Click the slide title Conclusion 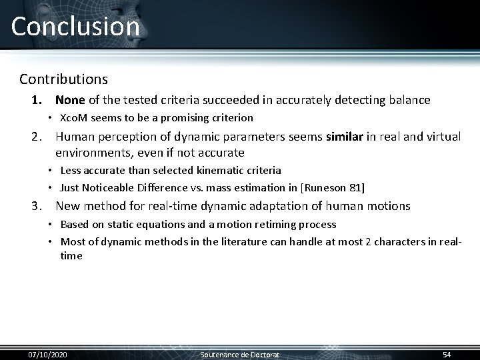pyautogui.click(x=75, y=27)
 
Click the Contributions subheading pyautogui.click(x=63, y=79)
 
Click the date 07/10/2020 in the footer pyautogui.click(x=47, y=354)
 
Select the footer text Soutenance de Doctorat pyautogui.click(x=240, y=354)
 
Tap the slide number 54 pyautogui.click(x=447, y=354)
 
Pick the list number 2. pyautogui.click(x=37, y=137)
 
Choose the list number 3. pyautogui.click(x=37, y=206)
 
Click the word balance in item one pyautogui.click(x=408, y=100)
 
